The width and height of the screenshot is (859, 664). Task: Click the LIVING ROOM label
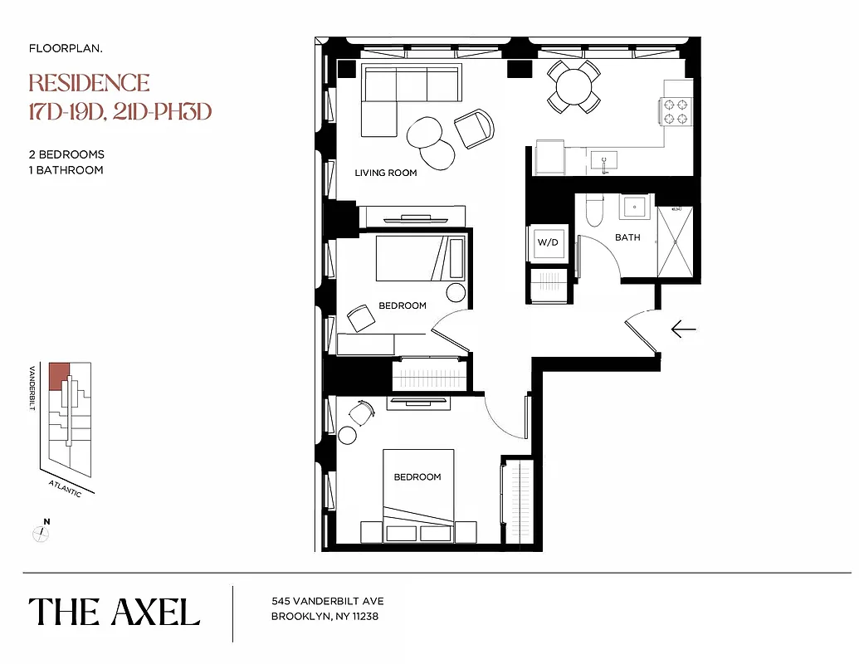[385, 173]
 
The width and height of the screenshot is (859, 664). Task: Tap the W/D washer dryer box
[548, 243]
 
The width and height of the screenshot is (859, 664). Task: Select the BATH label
[627, 237]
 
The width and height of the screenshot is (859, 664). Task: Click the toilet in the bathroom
[593, 212]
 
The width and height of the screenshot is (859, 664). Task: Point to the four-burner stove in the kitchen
[675, 111]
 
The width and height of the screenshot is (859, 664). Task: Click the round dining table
[573, 85]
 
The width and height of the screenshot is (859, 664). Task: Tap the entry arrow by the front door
[683, 330]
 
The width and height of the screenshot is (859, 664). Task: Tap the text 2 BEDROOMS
[66, 154]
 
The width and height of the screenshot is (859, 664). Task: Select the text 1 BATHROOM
[66, 170]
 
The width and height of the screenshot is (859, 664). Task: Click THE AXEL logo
[115, 613]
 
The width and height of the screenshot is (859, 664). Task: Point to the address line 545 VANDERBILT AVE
[328, 601]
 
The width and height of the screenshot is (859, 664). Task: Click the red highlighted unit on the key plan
[58, 376]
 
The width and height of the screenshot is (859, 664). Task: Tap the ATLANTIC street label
[65, 487]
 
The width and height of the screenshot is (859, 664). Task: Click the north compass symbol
[41, 533]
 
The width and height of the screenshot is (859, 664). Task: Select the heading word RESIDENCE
[90, 83]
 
